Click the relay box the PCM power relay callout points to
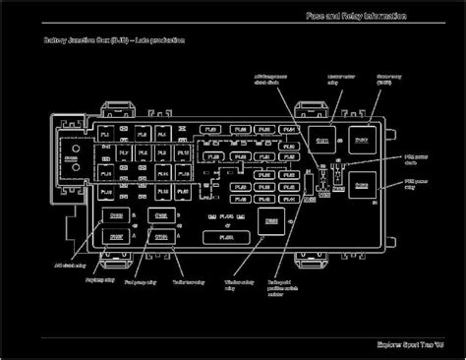point(362,184)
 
